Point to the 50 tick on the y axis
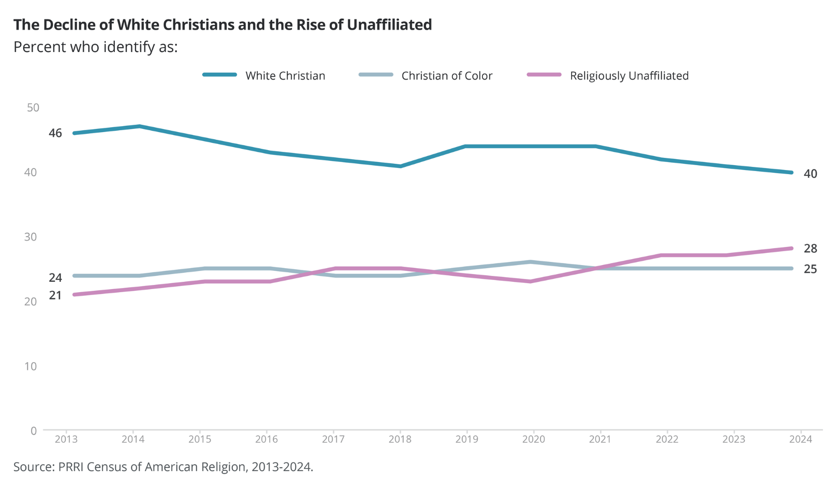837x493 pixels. click(33, 108)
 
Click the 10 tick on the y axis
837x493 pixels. click(31, 366)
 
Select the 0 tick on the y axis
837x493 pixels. click(33, 431)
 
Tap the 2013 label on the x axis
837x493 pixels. click(66, 439)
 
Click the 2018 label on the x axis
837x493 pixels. click(400, 439)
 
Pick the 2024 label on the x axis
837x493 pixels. click(801, 439)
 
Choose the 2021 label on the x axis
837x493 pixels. click(600, 439)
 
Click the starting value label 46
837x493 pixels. click(55, 133)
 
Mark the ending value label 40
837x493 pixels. click(810, 174)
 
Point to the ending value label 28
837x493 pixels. click(810, 248)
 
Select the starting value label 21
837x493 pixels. click(55, 295)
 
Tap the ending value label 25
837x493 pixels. click(810, 269)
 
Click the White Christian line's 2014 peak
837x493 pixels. click(140, 126)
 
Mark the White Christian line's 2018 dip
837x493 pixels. click(401, 166)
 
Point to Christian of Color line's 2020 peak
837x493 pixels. click(530, 262)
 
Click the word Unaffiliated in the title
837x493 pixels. click(389, 24)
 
